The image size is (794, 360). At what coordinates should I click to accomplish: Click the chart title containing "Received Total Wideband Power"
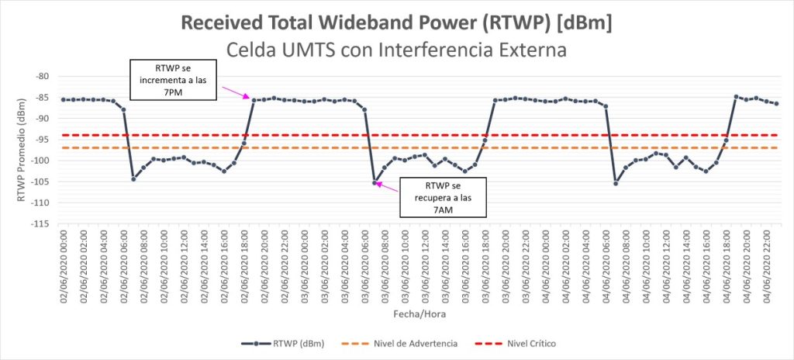coord(396,22)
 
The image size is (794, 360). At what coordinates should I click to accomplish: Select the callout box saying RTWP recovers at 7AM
coord(444,197)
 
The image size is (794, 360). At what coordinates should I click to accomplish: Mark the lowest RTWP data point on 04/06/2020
coord(616,183)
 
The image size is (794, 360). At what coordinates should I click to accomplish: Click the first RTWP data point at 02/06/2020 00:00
coord(64,99)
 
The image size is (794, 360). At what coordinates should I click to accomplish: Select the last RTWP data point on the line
coord(776,104)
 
